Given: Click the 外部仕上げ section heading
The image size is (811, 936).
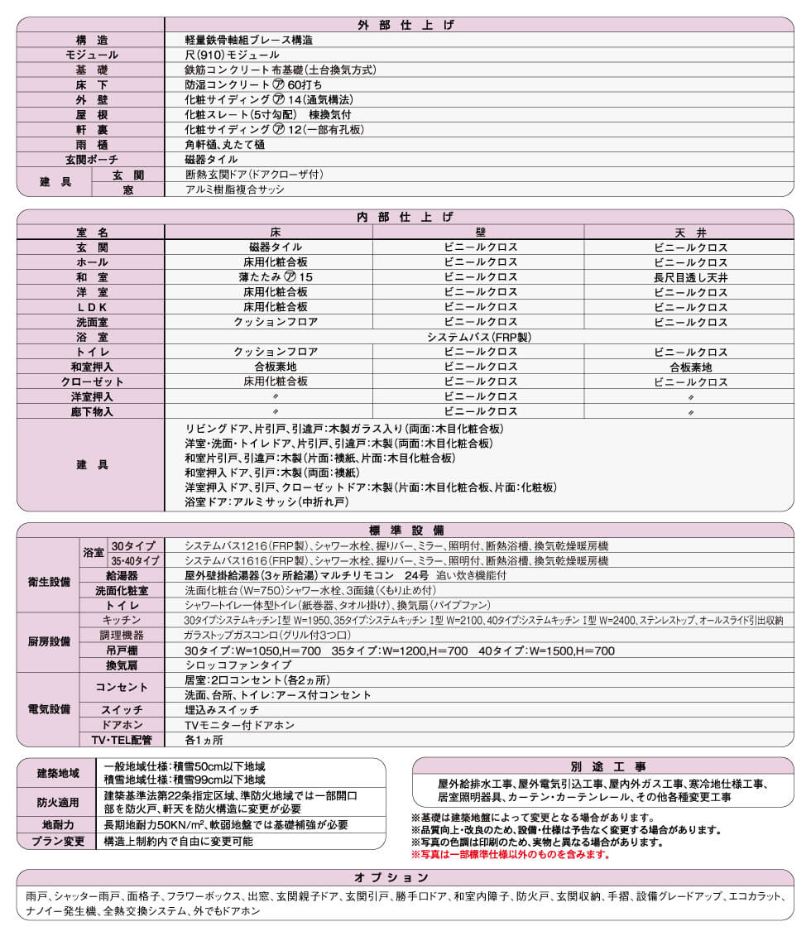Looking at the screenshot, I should point(405,25).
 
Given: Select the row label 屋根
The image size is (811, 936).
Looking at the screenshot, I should point(91,114).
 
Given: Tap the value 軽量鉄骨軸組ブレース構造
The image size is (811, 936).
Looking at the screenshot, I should point(249,40).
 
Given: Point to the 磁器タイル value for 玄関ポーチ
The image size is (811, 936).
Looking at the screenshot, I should point(212,159).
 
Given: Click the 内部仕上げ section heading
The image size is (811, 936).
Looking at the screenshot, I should point(405,218).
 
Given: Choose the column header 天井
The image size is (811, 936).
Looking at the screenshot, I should point(690,233).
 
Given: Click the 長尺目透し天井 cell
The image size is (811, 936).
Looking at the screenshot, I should point(690,277).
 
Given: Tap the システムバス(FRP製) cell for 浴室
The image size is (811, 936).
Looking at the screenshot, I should point(479,337).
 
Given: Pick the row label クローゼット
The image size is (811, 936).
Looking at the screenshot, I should point(91,382).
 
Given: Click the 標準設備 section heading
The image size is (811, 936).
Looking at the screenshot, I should point(405,530).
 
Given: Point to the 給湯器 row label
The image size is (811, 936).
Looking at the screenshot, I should point(122,575).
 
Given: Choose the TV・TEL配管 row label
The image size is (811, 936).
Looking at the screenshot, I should point(122,740).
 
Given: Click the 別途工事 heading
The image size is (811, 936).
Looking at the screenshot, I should point(602,766).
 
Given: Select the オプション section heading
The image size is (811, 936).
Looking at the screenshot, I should point(405,877).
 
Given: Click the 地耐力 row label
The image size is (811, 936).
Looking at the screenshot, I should point(57,825).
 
